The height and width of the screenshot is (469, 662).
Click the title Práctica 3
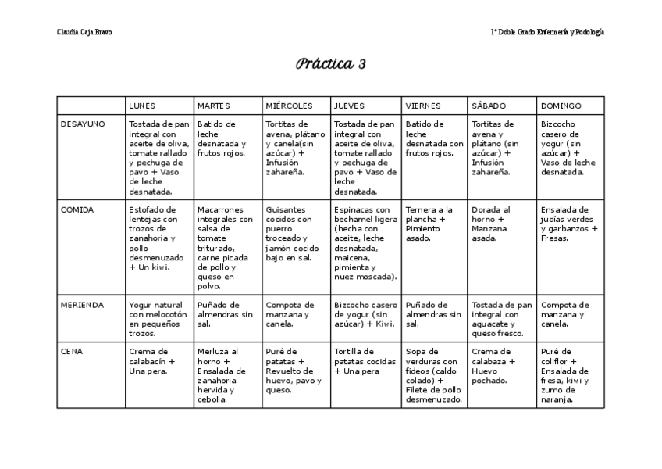[331, 64]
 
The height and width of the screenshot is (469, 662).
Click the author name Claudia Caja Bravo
[84, 32]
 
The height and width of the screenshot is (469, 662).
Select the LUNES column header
[142, 106]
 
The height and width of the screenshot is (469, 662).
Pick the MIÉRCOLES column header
[289, 106]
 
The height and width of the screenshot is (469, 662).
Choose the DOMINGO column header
[561, 106]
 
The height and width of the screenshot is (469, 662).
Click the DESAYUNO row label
[82, 124]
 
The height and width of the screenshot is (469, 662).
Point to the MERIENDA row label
[82, 305]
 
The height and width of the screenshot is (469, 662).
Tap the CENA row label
[72, 351]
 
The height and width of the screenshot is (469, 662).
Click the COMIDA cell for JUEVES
[365, 243]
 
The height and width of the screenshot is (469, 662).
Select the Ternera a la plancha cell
[434, 224]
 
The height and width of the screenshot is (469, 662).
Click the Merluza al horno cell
[228, 375]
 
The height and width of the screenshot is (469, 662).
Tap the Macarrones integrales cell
[228, 243]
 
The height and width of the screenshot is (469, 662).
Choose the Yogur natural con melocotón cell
[159, 319]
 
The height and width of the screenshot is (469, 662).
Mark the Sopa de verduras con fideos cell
[434, 375]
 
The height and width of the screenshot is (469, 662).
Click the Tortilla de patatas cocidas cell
[365, 361]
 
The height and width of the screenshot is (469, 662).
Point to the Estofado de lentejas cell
[159, 238]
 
